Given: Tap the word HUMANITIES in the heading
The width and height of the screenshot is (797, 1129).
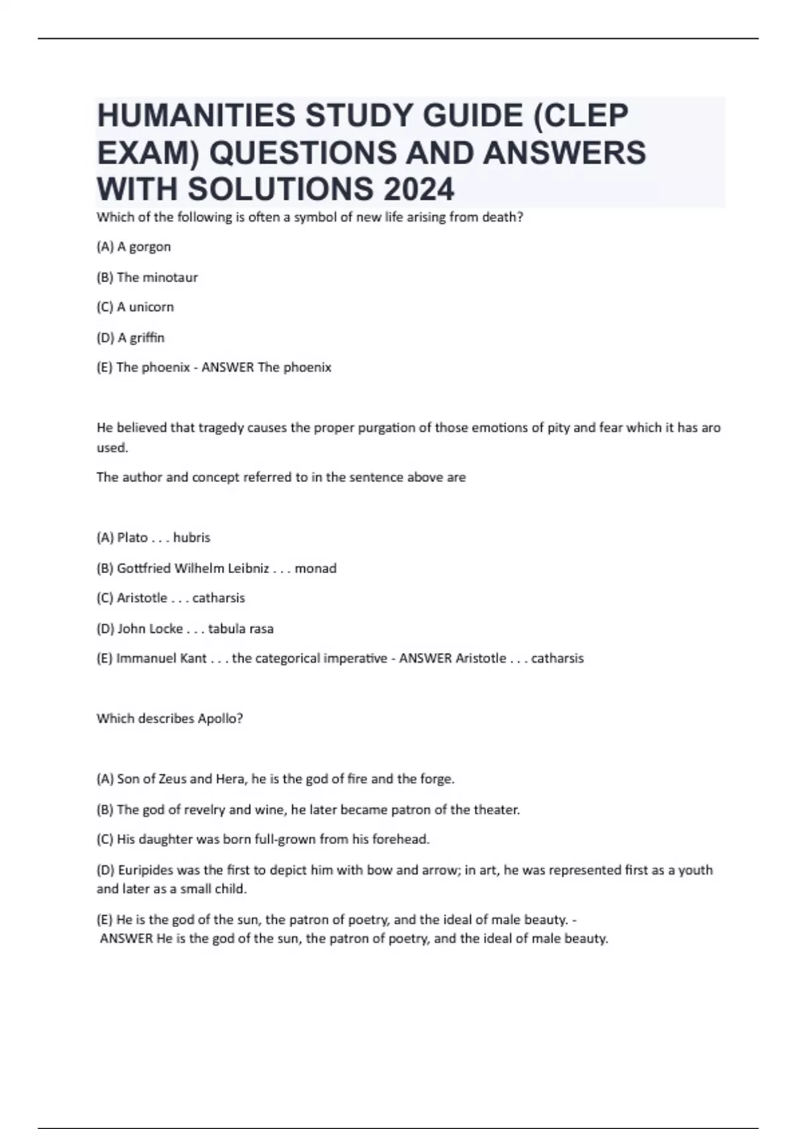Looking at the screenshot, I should (x=196, y=116).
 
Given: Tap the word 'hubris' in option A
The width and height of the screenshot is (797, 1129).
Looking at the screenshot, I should (x=191, y=537).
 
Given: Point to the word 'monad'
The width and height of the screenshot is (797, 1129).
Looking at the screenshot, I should (x=315, y=568).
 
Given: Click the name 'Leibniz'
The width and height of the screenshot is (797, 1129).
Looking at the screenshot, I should (x=248, y=568).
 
